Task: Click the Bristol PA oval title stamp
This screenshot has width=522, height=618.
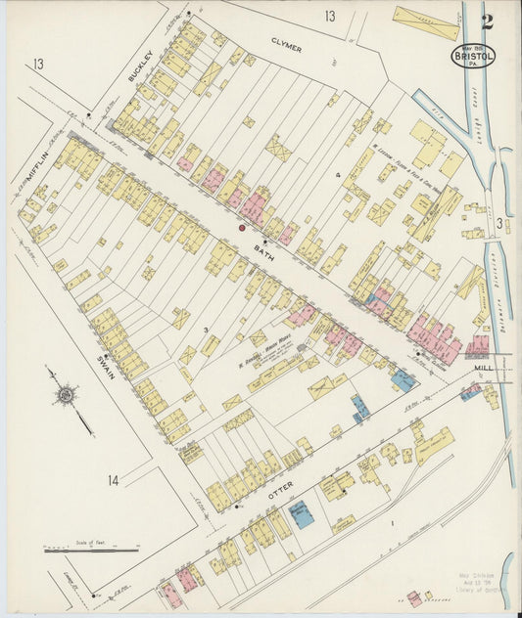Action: pos(473,55)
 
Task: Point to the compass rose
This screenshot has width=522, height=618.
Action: pos(66,395)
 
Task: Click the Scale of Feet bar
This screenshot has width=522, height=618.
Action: pos(90,551)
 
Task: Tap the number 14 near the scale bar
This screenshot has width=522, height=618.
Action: pos(114,480)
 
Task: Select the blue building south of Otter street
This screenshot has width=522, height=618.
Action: pos(305,515)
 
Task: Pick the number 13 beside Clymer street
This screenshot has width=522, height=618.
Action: pos(330,16)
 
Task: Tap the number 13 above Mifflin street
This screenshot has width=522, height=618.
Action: pos(37,65)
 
